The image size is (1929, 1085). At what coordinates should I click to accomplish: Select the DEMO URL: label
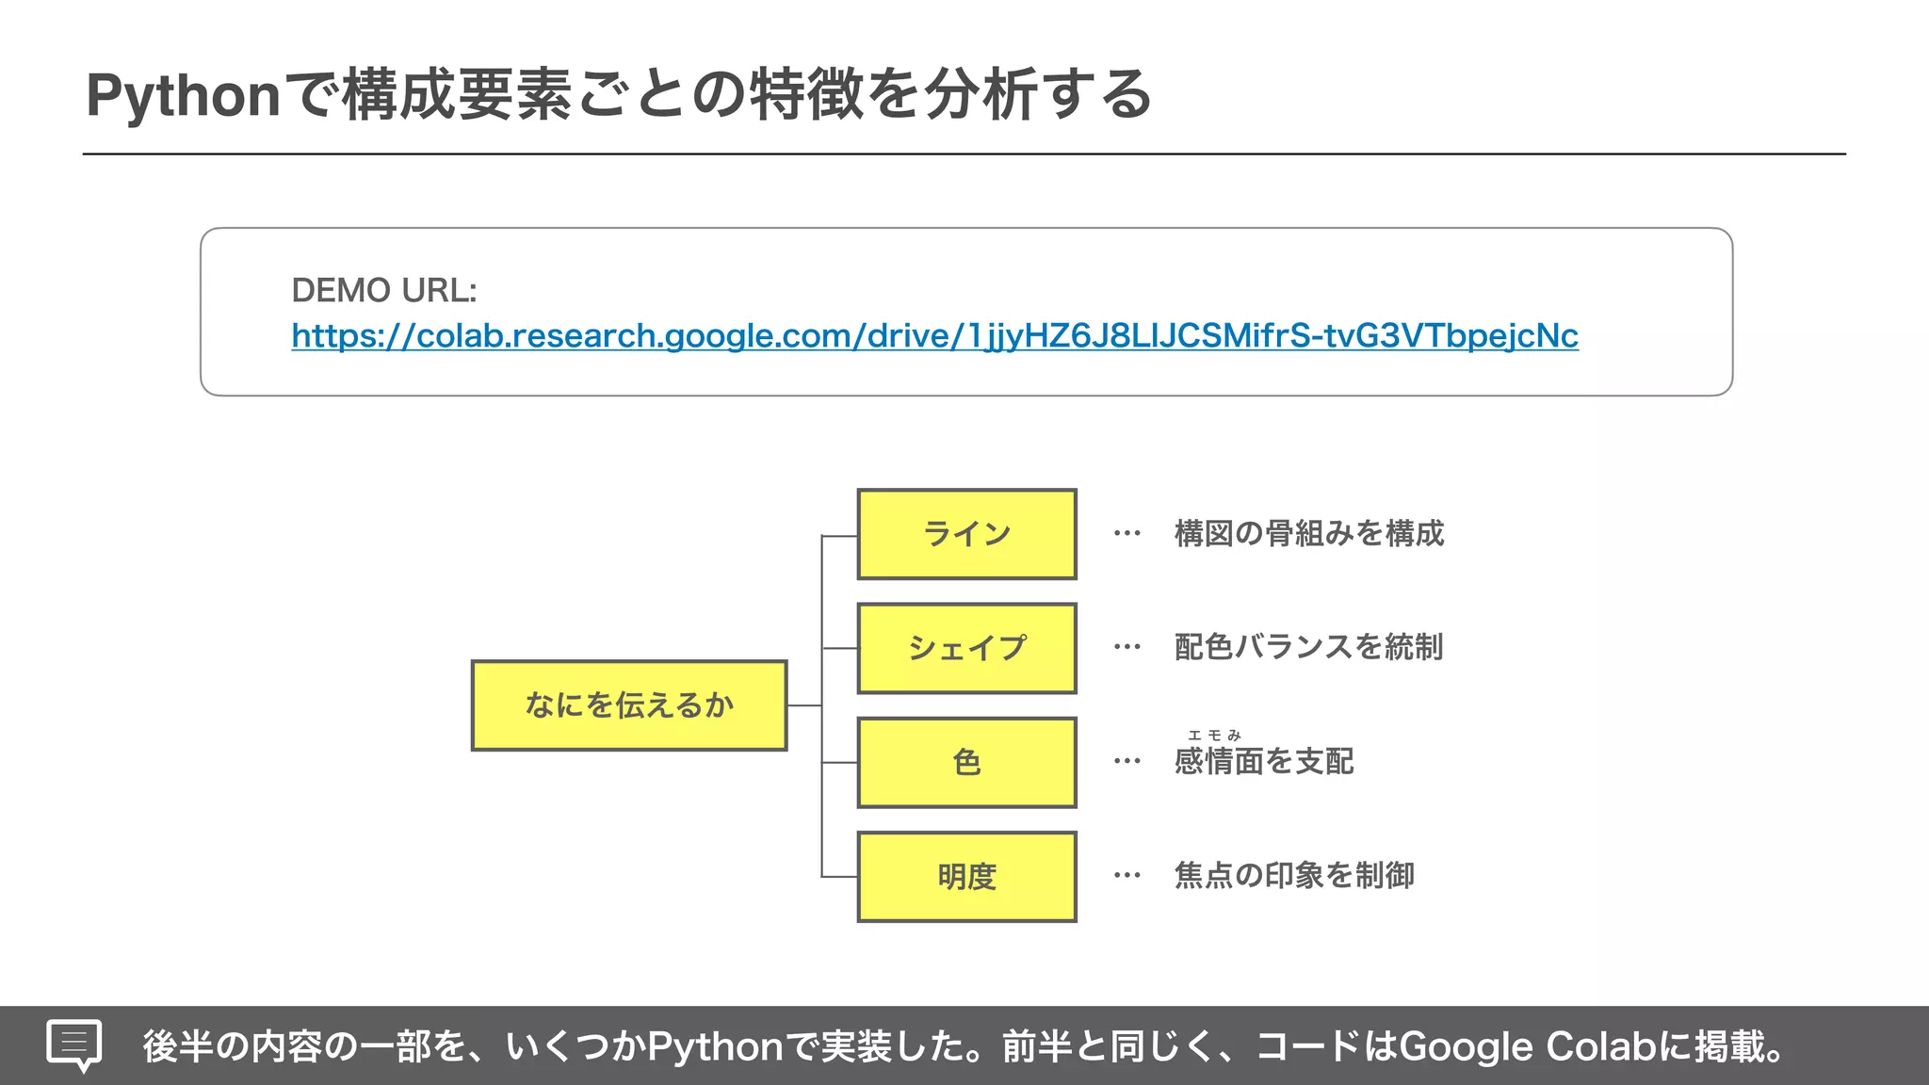[x=384, y=290]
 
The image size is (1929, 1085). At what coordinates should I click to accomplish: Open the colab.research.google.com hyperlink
[x=934, y=335]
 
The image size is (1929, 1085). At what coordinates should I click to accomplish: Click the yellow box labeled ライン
[x=966, y=534]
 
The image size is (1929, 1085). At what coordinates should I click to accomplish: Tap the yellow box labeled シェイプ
[x=966, y=648]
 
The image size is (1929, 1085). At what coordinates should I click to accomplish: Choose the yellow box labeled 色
[x=966, y=762]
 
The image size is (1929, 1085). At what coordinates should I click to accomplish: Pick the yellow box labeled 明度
[x=966, y=876]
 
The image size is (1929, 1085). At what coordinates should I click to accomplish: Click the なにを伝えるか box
[x=629, y=705]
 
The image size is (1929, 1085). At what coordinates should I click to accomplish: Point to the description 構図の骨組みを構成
[x=1308, y=534]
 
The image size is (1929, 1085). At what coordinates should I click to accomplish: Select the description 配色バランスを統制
[x=1308, y=647]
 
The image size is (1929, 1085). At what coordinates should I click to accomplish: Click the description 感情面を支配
[x=1264, y=761]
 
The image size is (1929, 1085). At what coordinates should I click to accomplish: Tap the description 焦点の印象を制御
[x=1294, y=875]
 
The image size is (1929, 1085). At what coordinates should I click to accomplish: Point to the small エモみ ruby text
[x=1215, y=735]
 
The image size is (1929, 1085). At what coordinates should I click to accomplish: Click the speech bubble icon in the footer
[x=74, y=1045]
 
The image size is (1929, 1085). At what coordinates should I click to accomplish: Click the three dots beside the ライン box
[x=1127, y=534]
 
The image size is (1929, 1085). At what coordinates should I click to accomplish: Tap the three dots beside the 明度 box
[x=1127, y=876]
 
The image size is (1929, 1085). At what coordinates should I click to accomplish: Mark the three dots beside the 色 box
[x=1127, y=761]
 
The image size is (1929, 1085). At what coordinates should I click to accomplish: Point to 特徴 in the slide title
[x=806, y=96]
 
